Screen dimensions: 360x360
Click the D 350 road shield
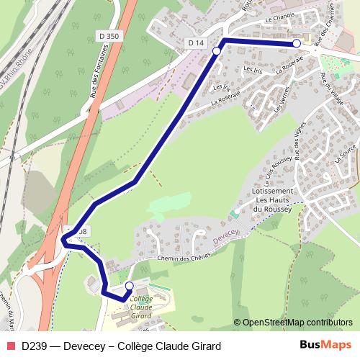pyautogui.click(x=110, y=35)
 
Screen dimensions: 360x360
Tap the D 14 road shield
pyautogui.click(x=195, y=44)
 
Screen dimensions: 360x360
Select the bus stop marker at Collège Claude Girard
pyautogui.click(x=129, y=286)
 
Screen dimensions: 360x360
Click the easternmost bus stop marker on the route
pyautogui.click(x=297, y=44)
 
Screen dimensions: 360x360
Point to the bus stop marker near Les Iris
pyautogui.click(x=216, y=51)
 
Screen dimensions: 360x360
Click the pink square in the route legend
pyautogui.click(x=9, y=345)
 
